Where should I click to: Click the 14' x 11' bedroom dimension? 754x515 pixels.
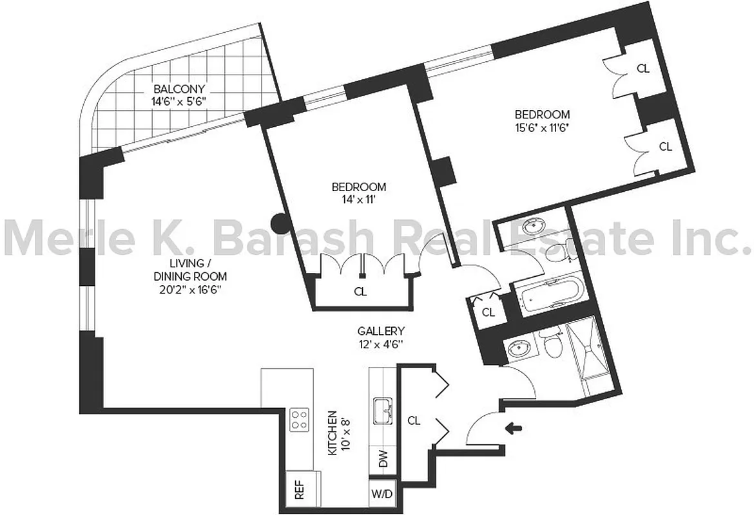pyautogui.click(x=358, y=200)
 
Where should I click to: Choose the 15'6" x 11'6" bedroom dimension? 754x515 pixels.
pyautogui.click(x=539, y=127)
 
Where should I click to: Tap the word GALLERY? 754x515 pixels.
pyautogui.click(x=381, y=331)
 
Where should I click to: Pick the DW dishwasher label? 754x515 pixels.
pyautogui.click(x=383, y=460)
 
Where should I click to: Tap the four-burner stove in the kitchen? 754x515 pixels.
pyautogui.click(x=299, y=420)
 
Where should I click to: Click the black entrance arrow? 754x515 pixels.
pyautogui.click(x=514, y=427)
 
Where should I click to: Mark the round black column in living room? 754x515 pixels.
pyautogui.click(x=279, y=223)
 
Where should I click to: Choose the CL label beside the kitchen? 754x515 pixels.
pyautogui.click(x=414, y=421)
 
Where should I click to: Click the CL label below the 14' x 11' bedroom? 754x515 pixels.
pyautogui.click(x=360, y=292)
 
